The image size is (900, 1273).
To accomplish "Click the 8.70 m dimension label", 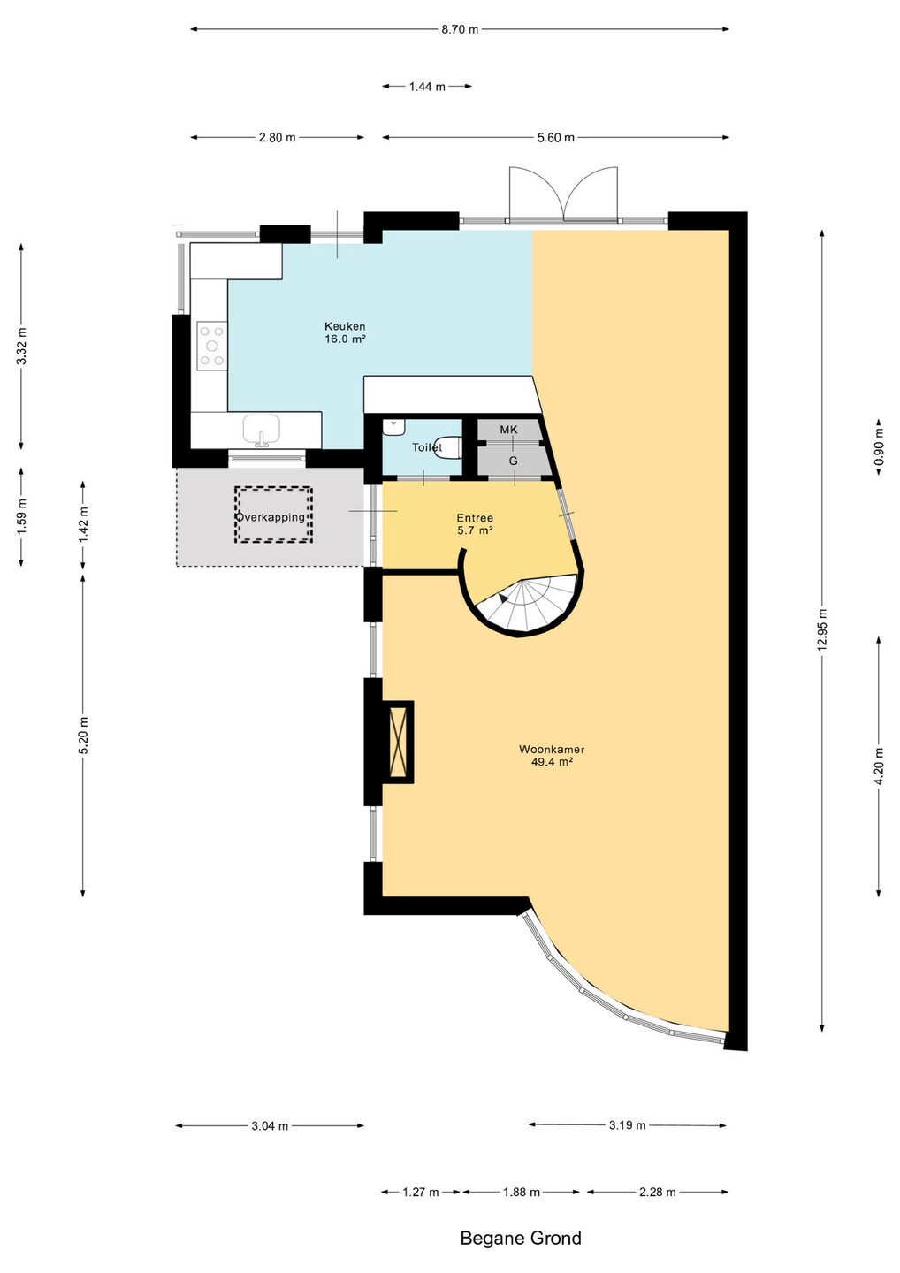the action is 460,29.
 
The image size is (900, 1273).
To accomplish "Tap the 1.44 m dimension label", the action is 427,87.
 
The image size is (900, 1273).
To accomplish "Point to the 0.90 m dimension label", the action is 879,447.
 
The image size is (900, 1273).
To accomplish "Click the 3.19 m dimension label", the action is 628,1124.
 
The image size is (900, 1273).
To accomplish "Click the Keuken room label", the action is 345,332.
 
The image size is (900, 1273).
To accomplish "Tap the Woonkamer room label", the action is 552,755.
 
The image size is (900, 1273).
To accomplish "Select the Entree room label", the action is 475,524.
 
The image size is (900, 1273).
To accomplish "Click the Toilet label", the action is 427,447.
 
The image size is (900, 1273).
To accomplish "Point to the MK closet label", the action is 508,430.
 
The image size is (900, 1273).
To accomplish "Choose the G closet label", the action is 513,461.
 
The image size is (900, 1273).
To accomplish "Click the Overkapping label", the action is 271,517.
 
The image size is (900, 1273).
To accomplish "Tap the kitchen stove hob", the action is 212,345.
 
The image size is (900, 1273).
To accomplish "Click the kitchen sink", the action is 262,431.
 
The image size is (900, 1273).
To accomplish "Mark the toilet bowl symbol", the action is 449,446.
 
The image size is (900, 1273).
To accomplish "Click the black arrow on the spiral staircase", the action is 503,598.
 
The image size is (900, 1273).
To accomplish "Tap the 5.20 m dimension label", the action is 83,736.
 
